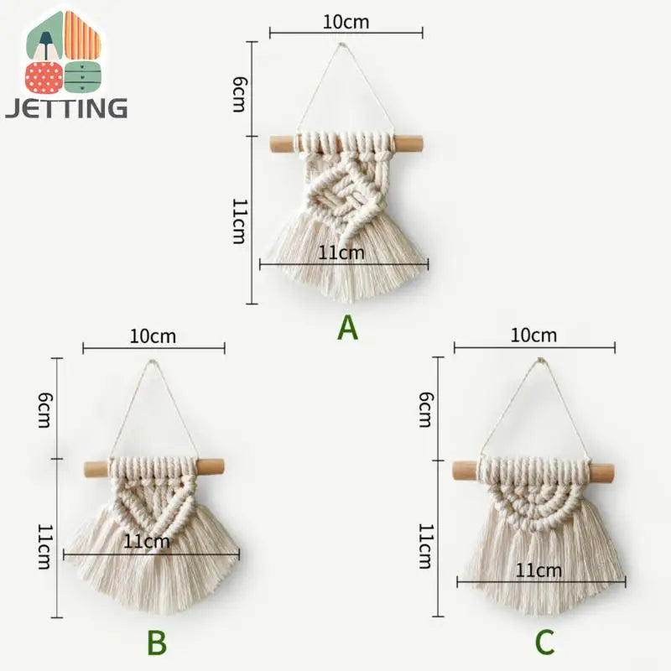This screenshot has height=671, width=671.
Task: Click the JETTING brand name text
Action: point(66,107)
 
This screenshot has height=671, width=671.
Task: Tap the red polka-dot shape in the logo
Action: point(44,77)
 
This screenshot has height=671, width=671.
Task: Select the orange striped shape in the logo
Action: point(82,34)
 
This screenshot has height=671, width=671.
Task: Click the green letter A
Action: point(347,328)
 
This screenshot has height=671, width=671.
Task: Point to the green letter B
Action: point(157,642)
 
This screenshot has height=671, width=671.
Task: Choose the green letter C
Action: point(544,642)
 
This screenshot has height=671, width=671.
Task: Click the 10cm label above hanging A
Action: point(346,22)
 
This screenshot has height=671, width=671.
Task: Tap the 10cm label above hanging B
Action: point(153,336)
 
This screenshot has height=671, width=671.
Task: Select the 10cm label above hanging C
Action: point(533,335)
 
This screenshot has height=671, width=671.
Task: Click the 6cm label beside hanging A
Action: point(239,94)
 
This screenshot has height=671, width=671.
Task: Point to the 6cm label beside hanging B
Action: point(44,410)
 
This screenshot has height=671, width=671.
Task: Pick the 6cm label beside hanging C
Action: point(425,409)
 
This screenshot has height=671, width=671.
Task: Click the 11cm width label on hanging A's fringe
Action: point(341,253)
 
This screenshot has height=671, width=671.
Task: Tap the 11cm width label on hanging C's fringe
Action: point(538,570)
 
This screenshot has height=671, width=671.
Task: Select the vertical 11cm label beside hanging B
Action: point(44,547)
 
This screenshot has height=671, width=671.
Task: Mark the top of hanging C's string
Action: point(541,361)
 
